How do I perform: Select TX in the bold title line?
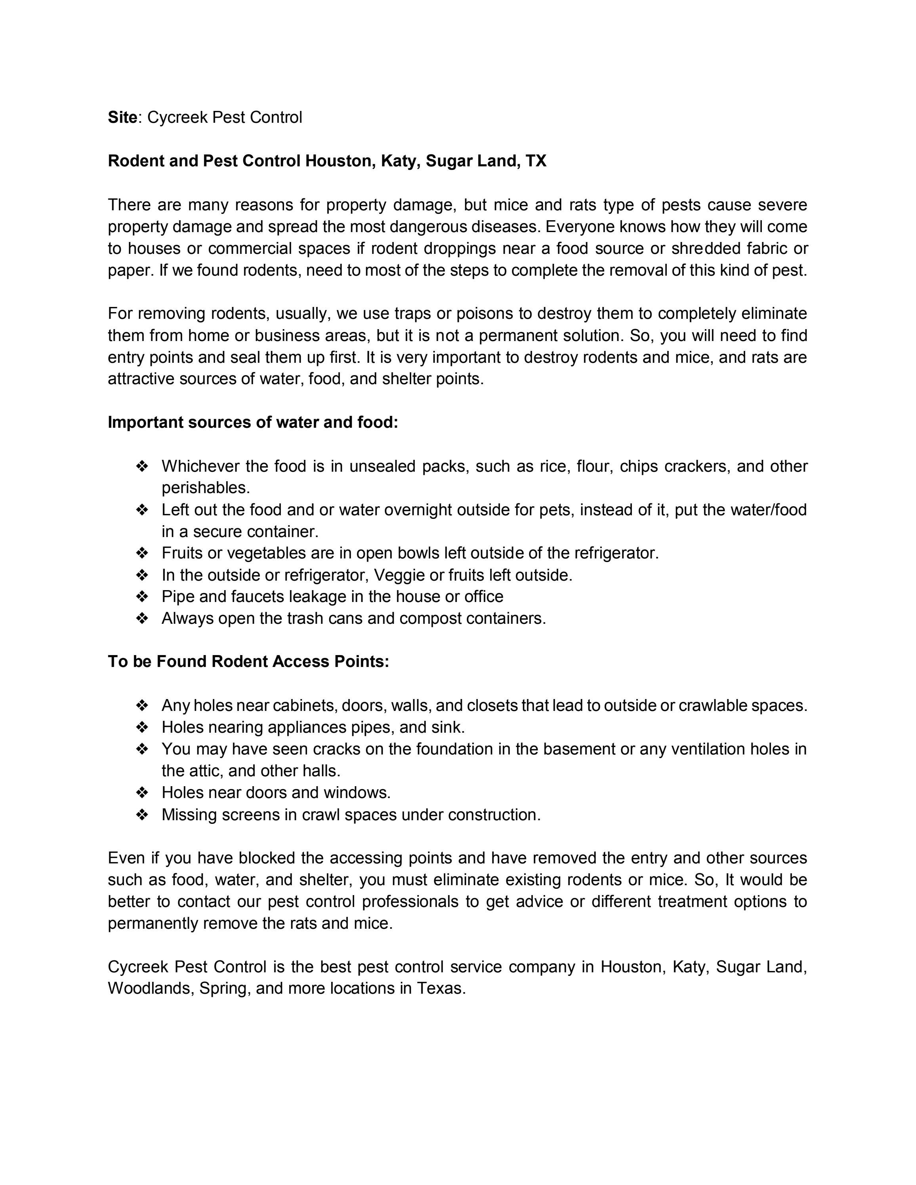pyautogui.click(x=536, y=161)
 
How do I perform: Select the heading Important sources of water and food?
pyautogui.click(x=253, y=422)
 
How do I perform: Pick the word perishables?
pyautogui.click(x=206, y=488)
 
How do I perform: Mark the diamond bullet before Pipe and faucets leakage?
pyautogui.click(x=142, y=597)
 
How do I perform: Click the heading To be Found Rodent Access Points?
pyautogui.click(x=248, y=661)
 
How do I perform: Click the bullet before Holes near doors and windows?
pyautogui.click(x=142, y=793)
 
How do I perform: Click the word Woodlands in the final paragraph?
pyautogui.click(x=150, y=988)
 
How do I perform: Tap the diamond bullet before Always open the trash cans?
pyautogui.click(x=142, y=619)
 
